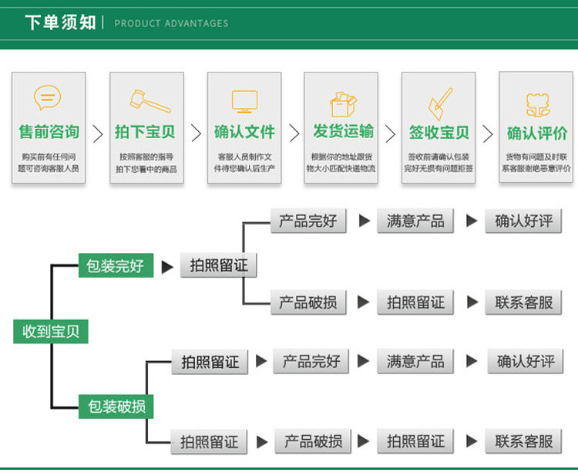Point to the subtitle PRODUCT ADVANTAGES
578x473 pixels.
(x=171, y=23)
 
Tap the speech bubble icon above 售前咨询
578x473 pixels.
(x=47, y=98)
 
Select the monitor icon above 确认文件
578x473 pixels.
(x=244, y=101)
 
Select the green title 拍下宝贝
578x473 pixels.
(x=146, y=132)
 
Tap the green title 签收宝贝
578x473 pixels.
(x=439, y=132)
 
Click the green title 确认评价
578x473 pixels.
(x=537, y=133)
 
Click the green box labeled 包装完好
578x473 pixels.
(x=116, y=266)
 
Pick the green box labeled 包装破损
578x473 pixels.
(x=116, y=406)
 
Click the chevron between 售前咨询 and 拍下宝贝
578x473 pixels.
(x=98, y=133)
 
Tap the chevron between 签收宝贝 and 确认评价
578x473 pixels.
(x=487, y=133)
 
